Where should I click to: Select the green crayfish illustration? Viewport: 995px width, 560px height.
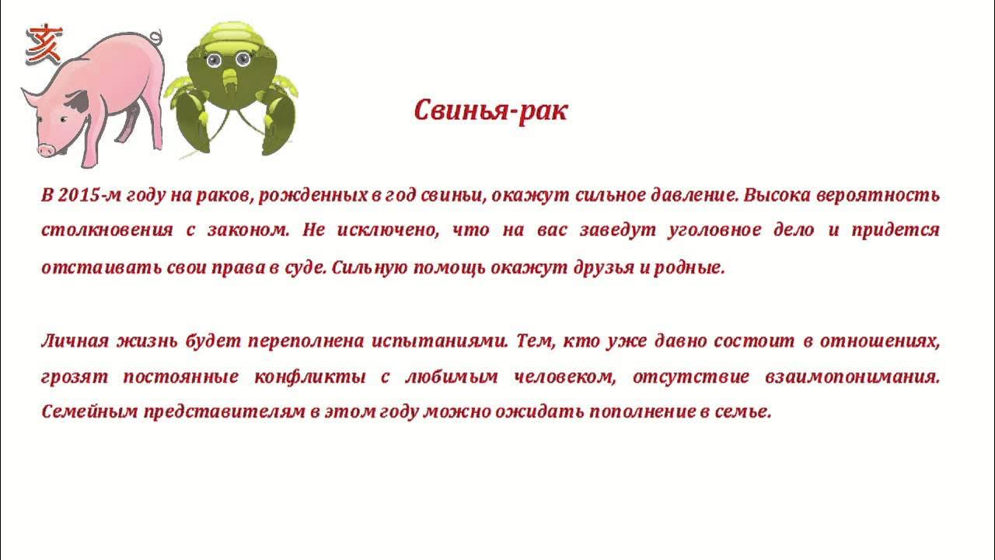231,89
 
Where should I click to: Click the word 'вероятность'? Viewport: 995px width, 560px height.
878,195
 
